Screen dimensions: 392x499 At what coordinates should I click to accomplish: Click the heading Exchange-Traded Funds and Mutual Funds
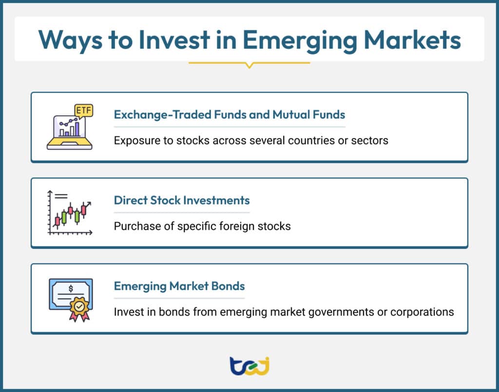point(230,115)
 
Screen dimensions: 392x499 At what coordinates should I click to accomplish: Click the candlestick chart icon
point(70,213)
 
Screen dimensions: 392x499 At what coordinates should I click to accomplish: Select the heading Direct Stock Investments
point(182,201)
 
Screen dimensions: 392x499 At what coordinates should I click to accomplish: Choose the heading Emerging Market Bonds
point(179,286)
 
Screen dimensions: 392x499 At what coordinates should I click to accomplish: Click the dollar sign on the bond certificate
point(71,289)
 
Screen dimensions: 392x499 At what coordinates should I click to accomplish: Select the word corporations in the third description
point(423,312)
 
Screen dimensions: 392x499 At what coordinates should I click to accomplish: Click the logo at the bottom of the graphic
point(249,366)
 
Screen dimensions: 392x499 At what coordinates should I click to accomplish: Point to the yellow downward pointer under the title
point(249,64)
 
